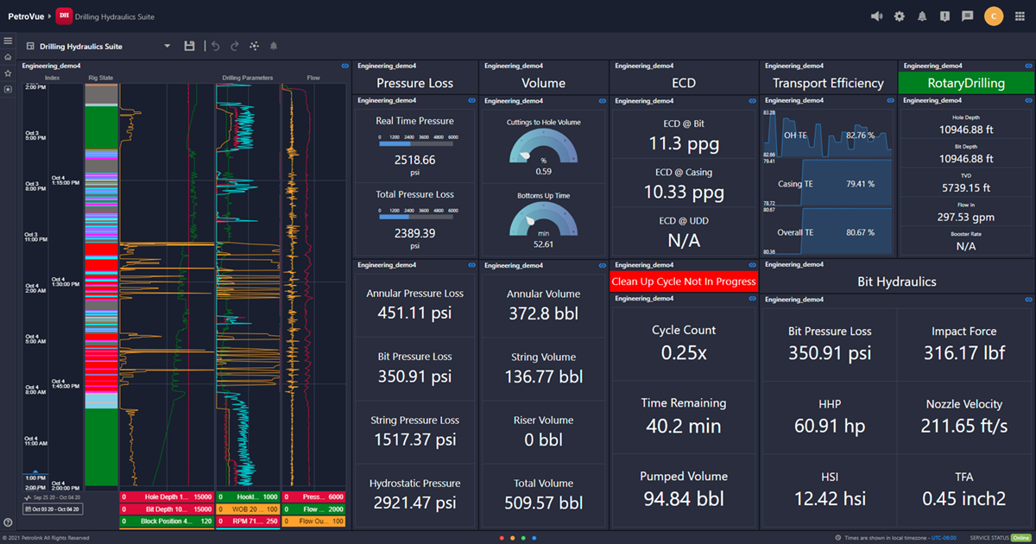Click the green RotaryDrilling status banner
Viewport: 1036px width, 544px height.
tap(966, 83)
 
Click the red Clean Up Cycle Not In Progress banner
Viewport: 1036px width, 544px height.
tap(683, 281)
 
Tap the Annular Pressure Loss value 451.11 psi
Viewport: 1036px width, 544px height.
tap(414, 313)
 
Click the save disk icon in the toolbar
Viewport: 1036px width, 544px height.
tap(189, 46)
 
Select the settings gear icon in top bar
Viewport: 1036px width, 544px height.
tap(900, 16)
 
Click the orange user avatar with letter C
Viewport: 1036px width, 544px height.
tap(994, 16)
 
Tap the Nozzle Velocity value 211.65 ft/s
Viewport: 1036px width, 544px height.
tap(964, 426)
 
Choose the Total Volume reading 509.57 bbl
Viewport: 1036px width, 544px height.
tap(543, 503)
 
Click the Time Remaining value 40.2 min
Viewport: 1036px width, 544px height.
tap(683, 426)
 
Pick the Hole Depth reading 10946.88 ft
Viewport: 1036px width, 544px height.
tap(965, 130)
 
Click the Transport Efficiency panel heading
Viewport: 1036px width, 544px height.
tap(828, 83)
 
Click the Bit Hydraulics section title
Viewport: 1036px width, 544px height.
tap(897, 281)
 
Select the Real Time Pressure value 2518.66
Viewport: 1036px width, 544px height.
tap(414, 160)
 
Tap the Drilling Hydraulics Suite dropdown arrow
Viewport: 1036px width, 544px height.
tap(167, 46)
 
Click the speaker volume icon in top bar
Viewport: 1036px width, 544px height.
tap(877, 16)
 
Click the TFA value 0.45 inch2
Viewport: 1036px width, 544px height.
tap(964, 498)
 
